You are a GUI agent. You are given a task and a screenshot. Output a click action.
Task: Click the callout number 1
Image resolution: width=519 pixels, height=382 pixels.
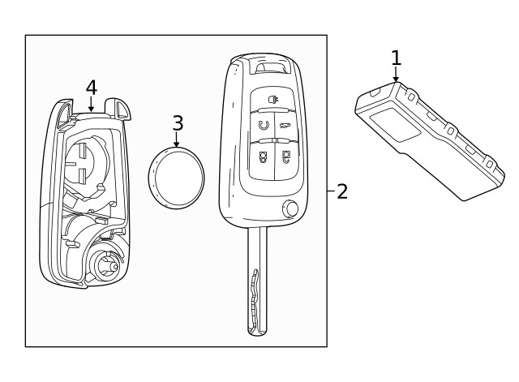click(x=396, y=58)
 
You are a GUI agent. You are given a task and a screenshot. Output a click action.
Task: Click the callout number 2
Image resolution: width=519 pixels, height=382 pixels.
click(x=342, y=191)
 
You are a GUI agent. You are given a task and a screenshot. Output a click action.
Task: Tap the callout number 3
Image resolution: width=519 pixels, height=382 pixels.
click(x=178, y=123)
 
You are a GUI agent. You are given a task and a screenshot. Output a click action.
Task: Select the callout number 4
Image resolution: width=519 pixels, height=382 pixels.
click(x=91, y=87)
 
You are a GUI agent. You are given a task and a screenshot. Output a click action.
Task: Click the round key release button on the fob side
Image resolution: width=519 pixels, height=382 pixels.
click(x=290, y=210)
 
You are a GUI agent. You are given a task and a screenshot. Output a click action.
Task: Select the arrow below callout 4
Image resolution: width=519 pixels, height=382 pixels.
click(x=91, y=105)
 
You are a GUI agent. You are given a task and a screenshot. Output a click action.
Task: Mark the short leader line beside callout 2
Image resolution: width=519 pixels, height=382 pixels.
click(x=331, y=191)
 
